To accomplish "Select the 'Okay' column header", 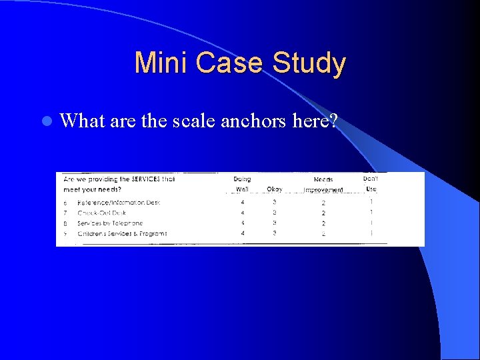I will [x=275, y=189].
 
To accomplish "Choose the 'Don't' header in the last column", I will [x=371, y=179].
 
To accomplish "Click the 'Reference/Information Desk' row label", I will [x=119, y=202].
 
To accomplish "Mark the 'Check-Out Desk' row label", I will [x=101, y=213].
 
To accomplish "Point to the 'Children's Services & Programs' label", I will [x=122, y=234].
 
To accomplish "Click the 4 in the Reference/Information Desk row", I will [x=242, y=202].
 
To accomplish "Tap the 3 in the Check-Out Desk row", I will [x=274, y=213].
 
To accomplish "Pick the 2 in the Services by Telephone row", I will [x=323, y=223].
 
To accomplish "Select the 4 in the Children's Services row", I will [x=242, y=234].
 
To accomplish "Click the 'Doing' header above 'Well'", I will [x=242, y=179].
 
